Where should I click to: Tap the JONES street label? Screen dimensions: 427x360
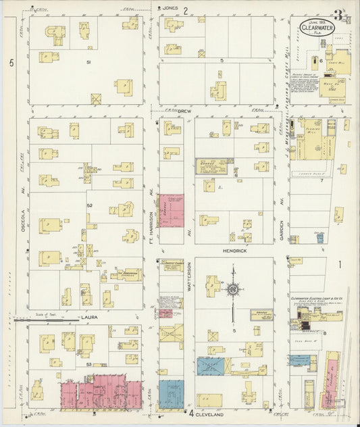click(170, 9)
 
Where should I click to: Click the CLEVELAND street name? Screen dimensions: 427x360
click(215, 412)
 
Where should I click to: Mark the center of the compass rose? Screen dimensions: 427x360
click(232, 289)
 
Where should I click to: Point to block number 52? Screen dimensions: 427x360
click(88, 204)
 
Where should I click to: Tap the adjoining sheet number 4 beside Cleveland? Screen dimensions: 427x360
click(191, 413)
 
